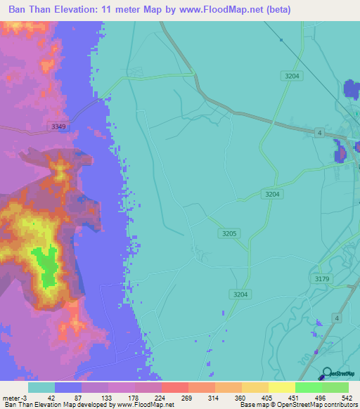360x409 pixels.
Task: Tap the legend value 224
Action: coord(161,397)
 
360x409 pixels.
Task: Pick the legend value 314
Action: coord(214,397)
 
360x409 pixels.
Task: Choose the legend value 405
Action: coord(268,397)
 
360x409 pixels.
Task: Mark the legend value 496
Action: coord(321,397)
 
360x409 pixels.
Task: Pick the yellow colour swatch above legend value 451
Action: coord(281,387)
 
